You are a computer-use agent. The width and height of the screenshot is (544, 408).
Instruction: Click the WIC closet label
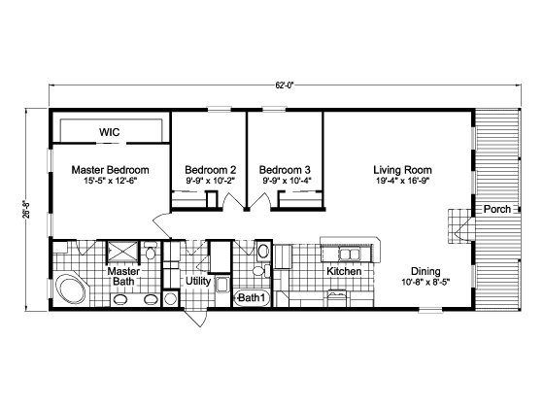pos(109,132)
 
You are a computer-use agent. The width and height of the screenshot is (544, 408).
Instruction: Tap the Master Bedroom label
pos(111,170)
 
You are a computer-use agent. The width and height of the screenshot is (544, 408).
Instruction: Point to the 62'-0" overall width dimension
pos(285,85)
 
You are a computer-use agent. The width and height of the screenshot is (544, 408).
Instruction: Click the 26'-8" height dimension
pos(28,209)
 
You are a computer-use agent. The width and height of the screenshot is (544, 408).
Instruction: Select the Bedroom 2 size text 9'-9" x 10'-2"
pos(210,181)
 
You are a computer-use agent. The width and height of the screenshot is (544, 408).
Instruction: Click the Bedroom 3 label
pos(285,170)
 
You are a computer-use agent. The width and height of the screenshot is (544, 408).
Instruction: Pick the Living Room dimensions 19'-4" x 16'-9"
pos(403,181)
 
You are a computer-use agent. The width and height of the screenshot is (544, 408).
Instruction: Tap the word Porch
pos(497,209)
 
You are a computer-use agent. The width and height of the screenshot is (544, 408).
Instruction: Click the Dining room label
pos(425,271)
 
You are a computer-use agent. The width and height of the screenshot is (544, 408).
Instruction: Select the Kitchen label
pos(344,271)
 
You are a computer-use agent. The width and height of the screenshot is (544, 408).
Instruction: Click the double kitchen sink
pos(350,255)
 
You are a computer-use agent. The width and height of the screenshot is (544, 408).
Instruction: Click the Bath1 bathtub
pos(253,297)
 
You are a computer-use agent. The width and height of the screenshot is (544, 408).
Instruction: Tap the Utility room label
pos(198,281)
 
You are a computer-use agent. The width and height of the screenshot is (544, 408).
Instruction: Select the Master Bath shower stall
pos(122,251)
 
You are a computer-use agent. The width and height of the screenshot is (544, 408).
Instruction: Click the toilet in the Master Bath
pos(151,252)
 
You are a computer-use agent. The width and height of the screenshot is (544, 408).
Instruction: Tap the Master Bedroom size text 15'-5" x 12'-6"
pos(111,181)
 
